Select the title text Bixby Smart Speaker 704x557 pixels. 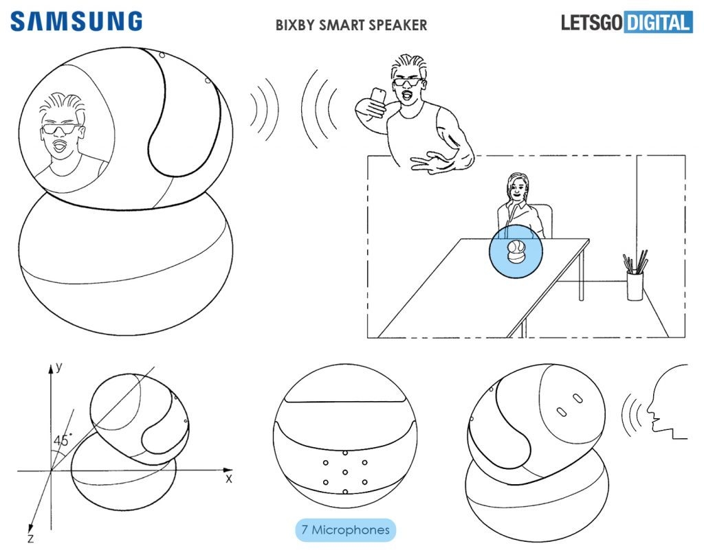[x=351, y=25]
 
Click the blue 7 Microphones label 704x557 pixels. [x=346, y=530]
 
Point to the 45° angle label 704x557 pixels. [x=63, y=440]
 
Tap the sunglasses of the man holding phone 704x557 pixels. [x=407, y=83]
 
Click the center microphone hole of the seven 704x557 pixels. [x=344, y=473]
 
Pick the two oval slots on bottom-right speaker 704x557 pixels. [x=570, y=405]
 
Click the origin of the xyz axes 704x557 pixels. [x=51, y=471]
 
